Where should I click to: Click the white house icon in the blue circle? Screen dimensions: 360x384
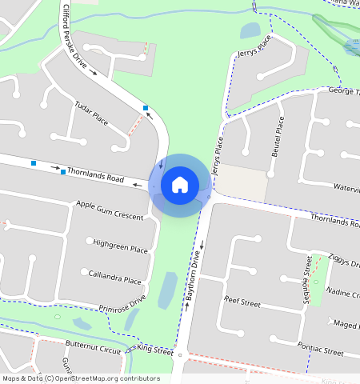pos(180,185)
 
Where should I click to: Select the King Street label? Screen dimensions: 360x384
pos(155,350)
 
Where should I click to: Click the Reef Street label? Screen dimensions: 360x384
pos(242,303)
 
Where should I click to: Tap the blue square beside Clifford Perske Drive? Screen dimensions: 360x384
pos(145,108)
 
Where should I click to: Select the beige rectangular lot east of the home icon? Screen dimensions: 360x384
pos(242,184)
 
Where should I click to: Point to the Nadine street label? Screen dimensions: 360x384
pos(344,294)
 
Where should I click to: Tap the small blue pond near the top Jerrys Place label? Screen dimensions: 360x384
pos(250,30)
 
